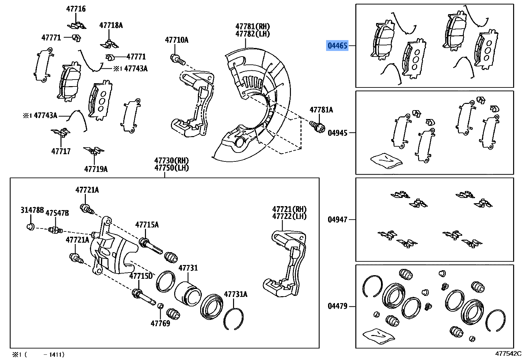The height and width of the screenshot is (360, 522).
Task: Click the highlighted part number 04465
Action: point(337,46)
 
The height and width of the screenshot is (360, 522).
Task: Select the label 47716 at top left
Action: point(76,9)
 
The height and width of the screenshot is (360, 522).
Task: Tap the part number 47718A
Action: point(111,25)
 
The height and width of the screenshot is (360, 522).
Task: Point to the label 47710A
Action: point(177,40)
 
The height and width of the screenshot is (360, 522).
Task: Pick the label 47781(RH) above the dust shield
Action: point(252,26)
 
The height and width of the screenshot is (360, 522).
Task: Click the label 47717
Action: point(61,152)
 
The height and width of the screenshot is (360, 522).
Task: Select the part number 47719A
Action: point(96,169)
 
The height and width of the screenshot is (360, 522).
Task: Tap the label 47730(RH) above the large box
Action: point(172,160)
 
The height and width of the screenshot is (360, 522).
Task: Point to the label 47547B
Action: point(57,213)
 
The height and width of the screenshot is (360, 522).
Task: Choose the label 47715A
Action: point(147,225)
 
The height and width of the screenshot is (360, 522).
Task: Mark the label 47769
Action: point(160,324)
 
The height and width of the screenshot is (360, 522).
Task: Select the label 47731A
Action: point(236,294)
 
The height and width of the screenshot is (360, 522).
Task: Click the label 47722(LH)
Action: point(289,216)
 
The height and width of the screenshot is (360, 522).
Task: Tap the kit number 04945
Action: point(337,133)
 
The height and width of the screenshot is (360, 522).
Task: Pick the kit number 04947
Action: point(337,219)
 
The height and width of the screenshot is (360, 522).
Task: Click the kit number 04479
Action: point(337,306)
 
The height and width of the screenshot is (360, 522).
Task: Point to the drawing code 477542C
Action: point(508,354)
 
